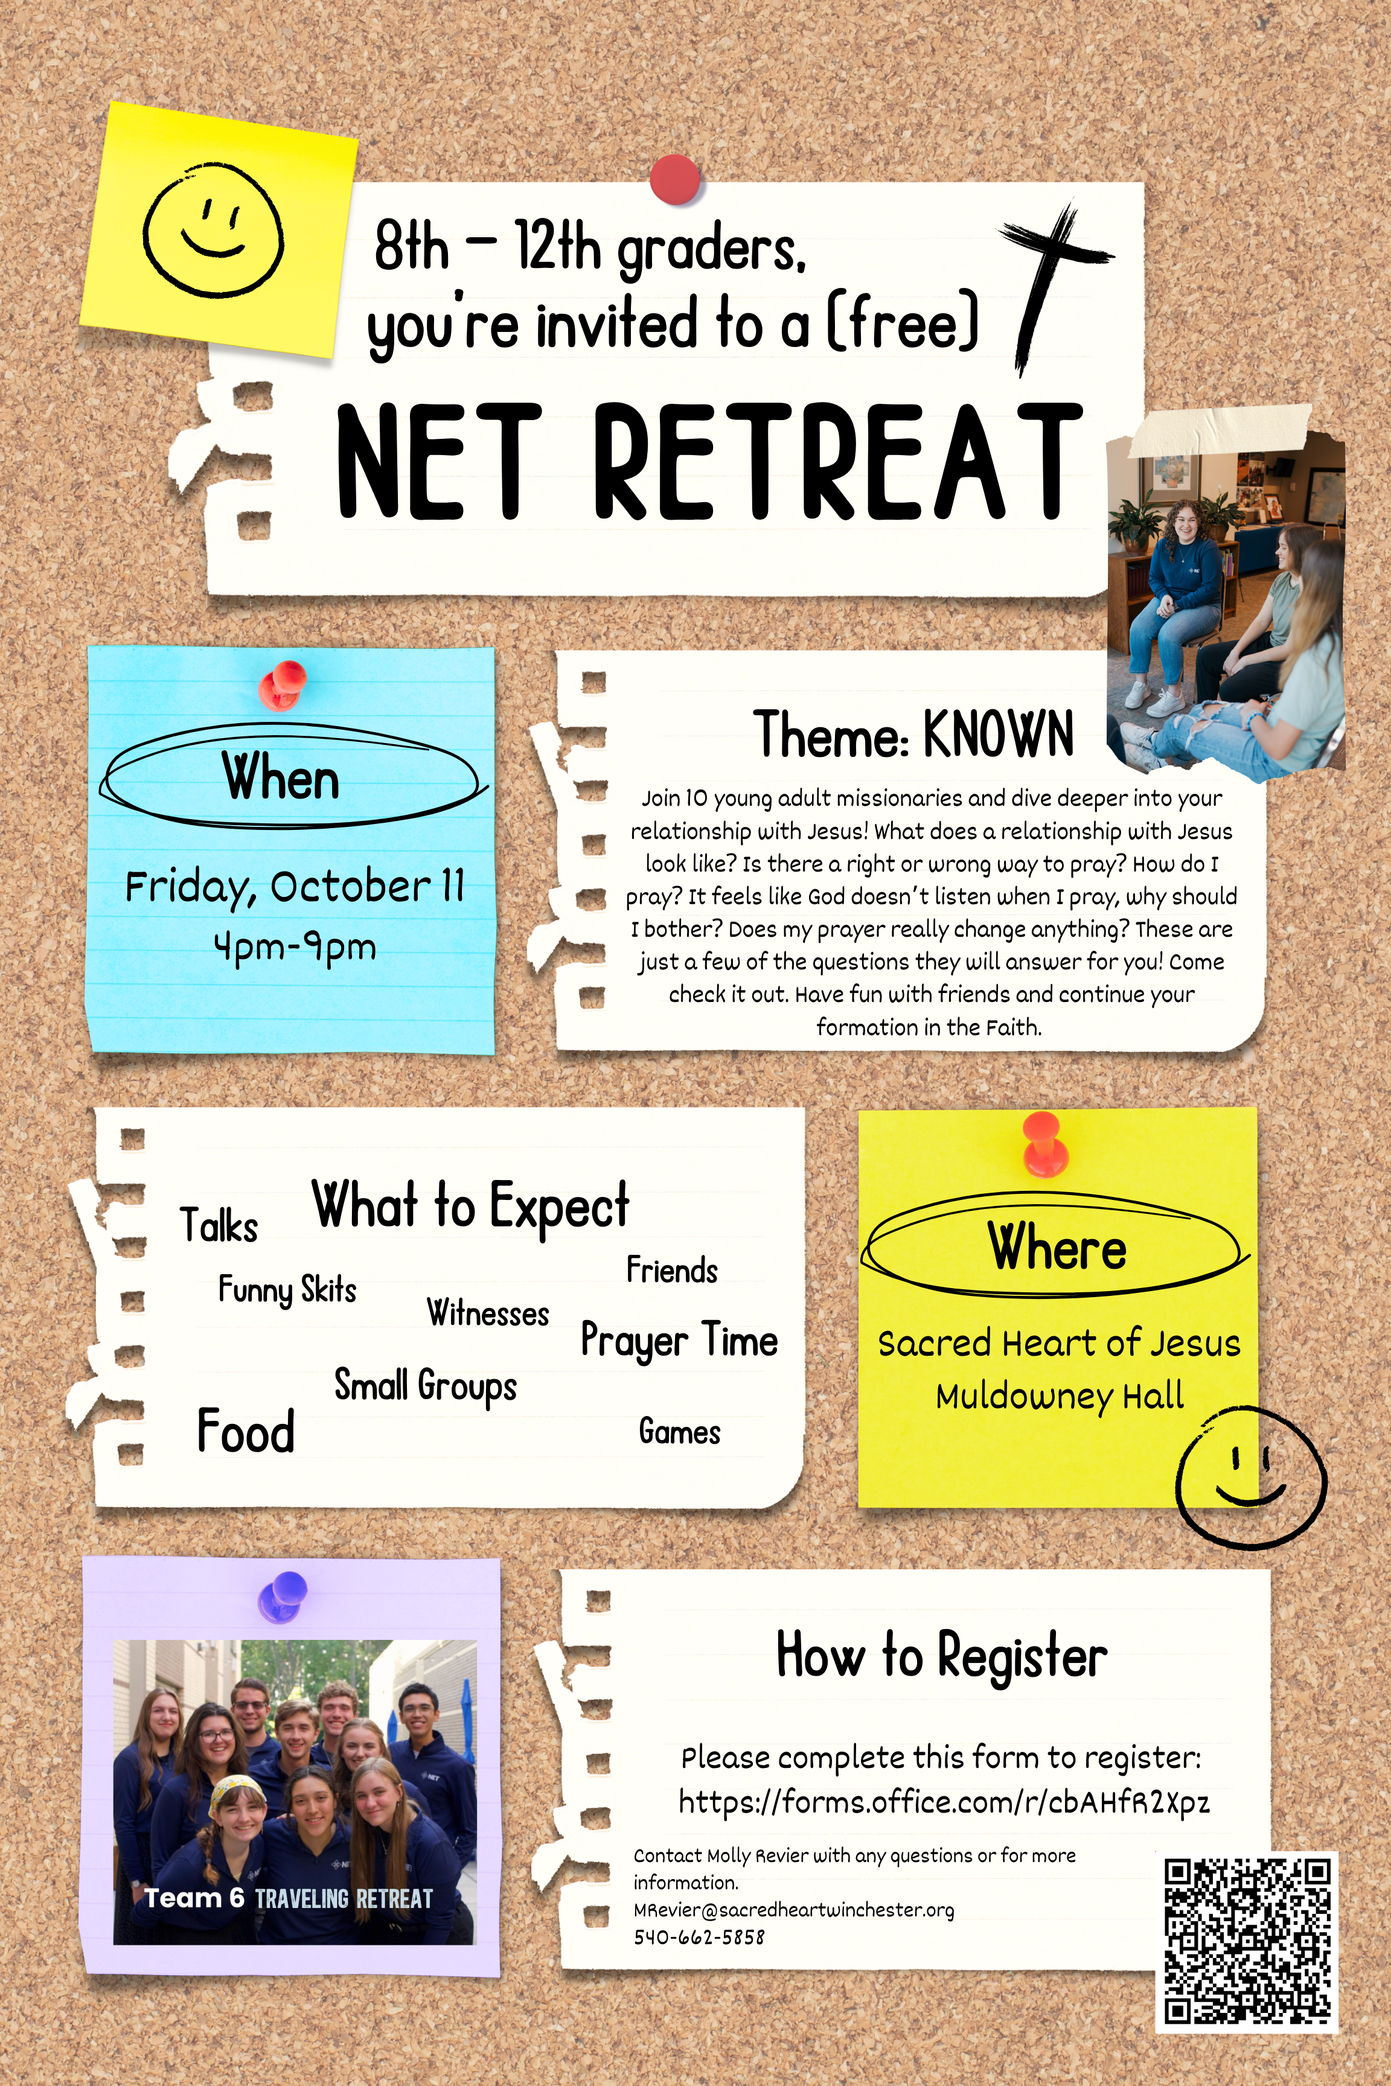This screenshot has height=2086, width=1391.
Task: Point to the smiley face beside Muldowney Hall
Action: tap(1251, 1477)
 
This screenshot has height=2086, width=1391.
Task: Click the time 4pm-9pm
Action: tap(295, 947)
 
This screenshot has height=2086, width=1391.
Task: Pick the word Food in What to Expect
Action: tap(246, 1431)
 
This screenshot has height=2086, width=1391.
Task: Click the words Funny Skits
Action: tap(287, 1289)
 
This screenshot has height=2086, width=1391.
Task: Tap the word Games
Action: tap(680, 1432)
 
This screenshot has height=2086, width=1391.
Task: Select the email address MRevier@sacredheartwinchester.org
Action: tap(794, 1910)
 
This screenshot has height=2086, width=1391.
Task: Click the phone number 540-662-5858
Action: tap(699, 1937)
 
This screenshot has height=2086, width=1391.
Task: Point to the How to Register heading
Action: tap(941, 1656)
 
